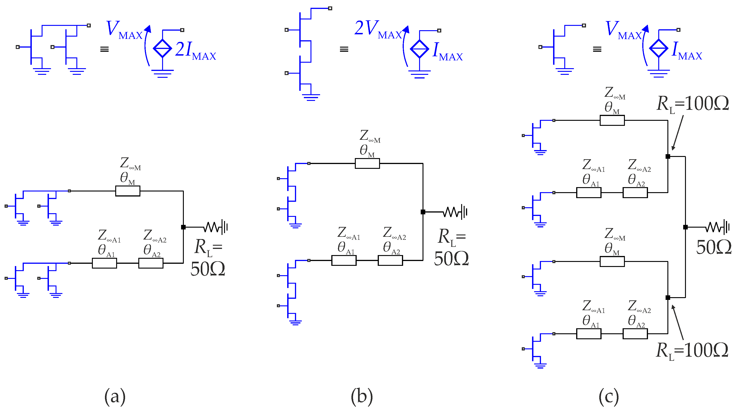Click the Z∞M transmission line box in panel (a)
(128, 191)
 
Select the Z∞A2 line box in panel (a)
(151, 263)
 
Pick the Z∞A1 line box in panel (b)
(344, 261)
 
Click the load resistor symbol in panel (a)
(213, 227)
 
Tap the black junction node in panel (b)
(423, 212)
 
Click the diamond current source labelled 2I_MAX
(162, 48)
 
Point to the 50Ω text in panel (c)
(713, 248)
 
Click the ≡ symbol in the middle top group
(344, 49)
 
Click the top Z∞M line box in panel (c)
(612, 120)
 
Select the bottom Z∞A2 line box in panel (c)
(635, 334)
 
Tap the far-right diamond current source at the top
(658, 48)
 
